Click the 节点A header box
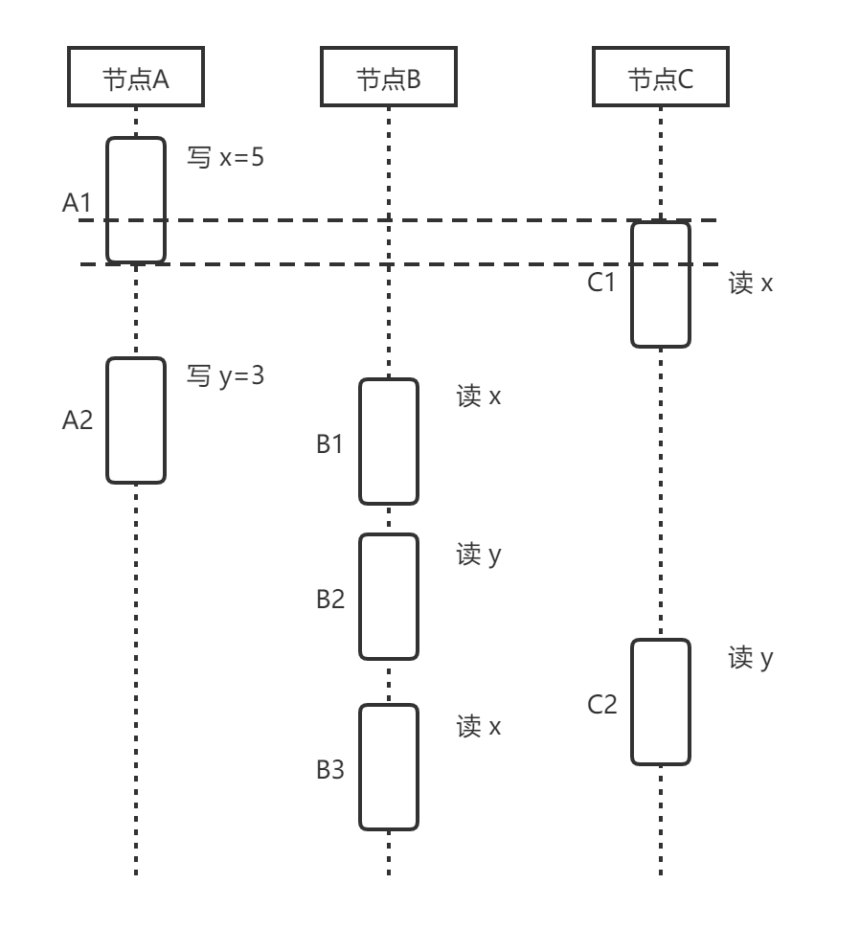tap(136, 79)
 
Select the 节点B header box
tap(389, 79)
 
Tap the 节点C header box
tap(660, 79)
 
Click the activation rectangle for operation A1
tap(136, 200)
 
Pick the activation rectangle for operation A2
tap(136, 419)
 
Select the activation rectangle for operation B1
tap(389, 442)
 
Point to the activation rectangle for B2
tap(389, 597)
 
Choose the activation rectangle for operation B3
tap(389, 767)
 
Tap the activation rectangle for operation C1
tap(660, 283)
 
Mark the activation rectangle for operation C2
tap(660, 702)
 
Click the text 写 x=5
tap(225, 158)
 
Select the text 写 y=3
tap(225, 376)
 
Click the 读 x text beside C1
tap(751, 284)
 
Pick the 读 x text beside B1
tap(479, 397)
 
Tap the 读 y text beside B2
tap(479, 555)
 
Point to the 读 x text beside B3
tap(479, 727)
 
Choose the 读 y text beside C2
tap(751, 658)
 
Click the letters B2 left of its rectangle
tap(330, 600)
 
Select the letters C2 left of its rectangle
tap(602, 706)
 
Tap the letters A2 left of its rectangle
tap(78, 419)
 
